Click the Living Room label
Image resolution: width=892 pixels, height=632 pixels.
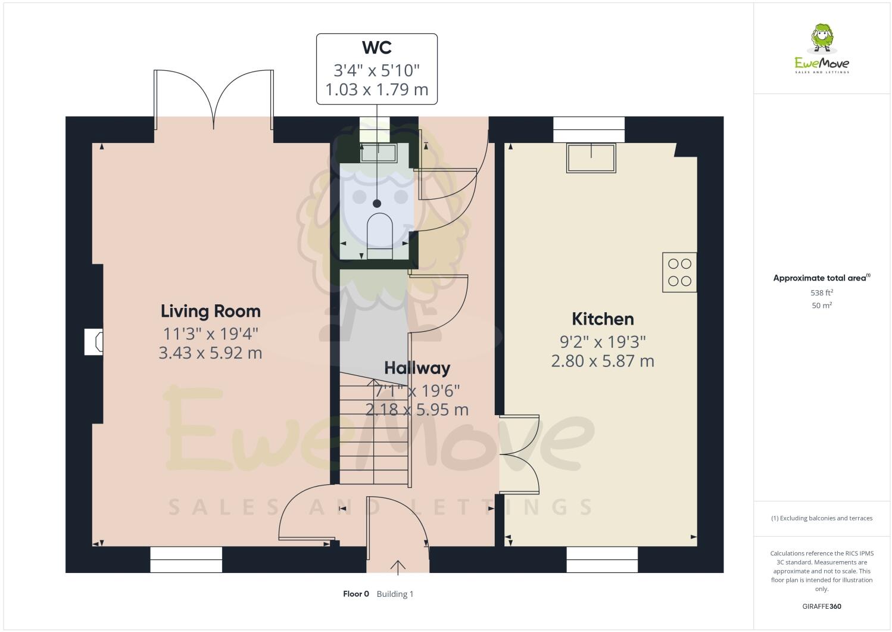tap(210, 311)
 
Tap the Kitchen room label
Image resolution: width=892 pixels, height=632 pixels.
tap(603, 319)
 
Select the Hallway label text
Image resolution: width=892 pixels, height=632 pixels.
tap(417, 368)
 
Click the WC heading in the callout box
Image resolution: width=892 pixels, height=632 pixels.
tap(376, 48)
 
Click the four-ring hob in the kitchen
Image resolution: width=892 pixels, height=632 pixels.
tap(679, 272)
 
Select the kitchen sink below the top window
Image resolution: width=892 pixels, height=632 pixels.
tap(591, 158)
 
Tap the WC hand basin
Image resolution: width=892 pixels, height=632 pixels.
tap(379, 153)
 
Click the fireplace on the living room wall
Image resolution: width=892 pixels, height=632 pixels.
tap(94, 341)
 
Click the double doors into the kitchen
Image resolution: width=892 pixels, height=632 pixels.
tap(519, 454)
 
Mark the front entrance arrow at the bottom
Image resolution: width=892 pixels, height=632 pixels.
tap(397, 566)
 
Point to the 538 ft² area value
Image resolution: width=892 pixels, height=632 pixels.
tap(821, 292)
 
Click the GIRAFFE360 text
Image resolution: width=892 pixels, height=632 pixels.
tap(822, 606)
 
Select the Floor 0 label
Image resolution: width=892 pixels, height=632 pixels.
tap(356, 594)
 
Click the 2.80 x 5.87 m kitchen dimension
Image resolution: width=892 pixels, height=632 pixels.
tap(603, 361)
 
